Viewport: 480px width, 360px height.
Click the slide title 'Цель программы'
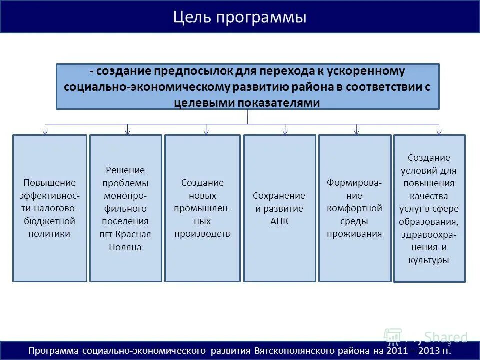click(x=240, y=18)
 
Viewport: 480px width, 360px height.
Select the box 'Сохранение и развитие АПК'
click(x=279, y=208)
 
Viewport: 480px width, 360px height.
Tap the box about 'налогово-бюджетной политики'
click(x=50, y=208)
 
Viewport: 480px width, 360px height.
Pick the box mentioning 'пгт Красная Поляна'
click(x=126, y=208)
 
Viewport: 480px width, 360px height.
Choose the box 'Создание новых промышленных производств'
click(x=202, y=208)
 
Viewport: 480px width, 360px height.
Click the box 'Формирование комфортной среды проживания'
click(x=355, y=208)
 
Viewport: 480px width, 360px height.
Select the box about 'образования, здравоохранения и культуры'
click(x=429, y=208)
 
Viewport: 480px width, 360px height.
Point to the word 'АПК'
click(x=279, y=221)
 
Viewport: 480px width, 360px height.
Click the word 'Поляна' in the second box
click(x=126, y=247)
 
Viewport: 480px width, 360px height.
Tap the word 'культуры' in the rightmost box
click(x=429, y=260)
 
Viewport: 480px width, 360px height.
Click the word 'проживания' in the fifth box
click(x=355, y=234)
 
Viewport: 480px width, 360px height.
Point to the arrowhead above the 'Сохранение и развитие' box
click(x=285, y=132)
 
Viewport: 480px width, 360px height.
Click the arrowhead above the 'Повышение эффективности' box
click(x=45, y=132)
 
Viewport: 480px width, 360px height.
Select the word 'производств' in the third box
click(x=202, y=234)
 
